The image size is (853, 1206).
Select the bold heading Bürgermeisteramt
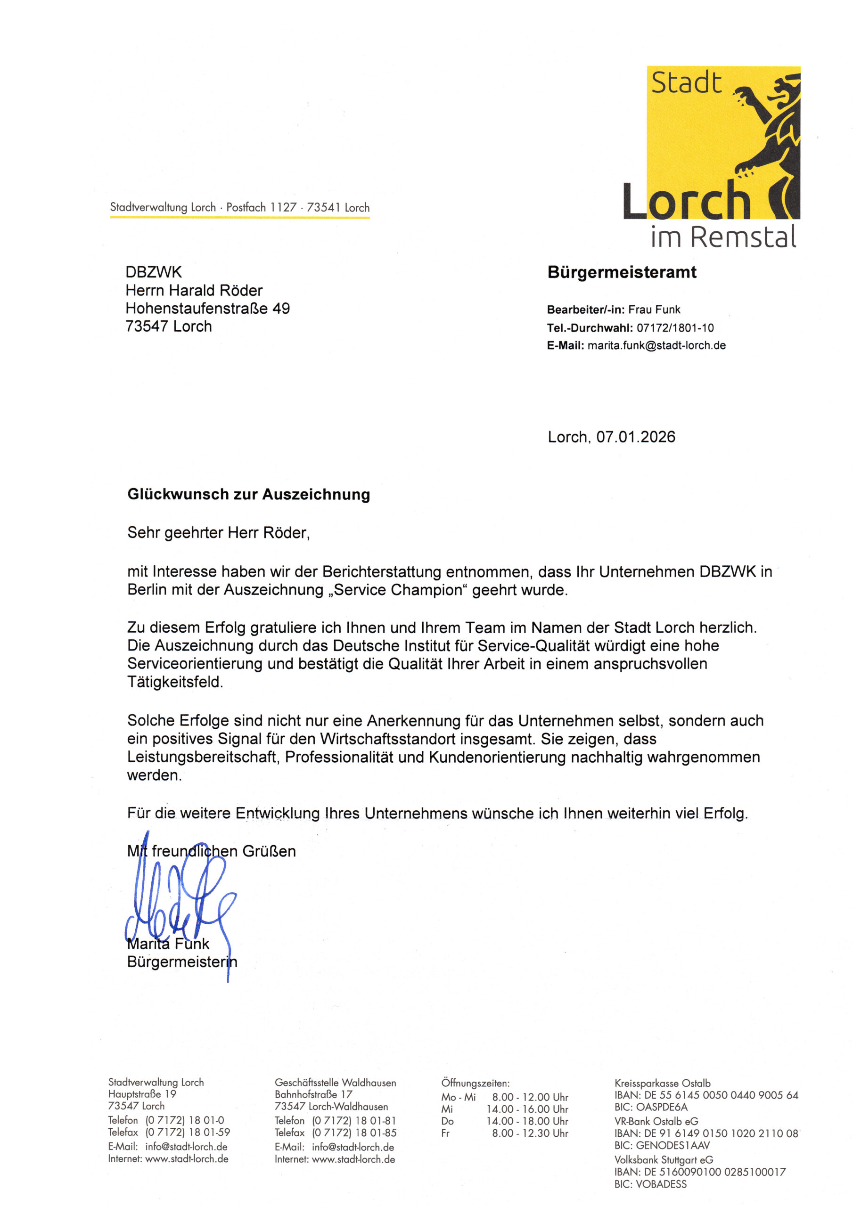coord(622,272)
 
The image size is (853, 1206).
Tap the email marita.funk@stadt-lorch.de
coord(656,346)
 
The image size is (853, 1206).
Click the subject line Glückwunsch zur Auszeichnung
coord(248,494)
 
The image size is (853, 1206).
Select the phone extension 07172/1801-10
coord(675,328)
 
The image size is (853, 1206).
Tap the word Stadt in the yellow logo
coord(686,83)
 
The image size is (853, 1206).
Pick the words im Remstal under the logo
coord(723,237)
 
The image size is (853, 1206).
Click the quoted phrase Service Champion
coord(397,590)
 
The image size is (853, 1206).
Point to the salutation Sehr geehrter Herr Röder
coord(218,533)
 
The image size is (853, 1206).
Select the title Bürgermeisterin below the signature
coord(182,962)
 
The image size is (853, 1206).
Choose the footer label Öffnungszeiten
coord(475,1083)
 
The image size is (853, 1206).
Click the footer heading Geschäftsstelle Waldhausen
coord(336,1083)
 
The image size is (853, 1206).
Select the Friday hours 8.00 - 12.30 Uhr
coord(530,1133)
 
